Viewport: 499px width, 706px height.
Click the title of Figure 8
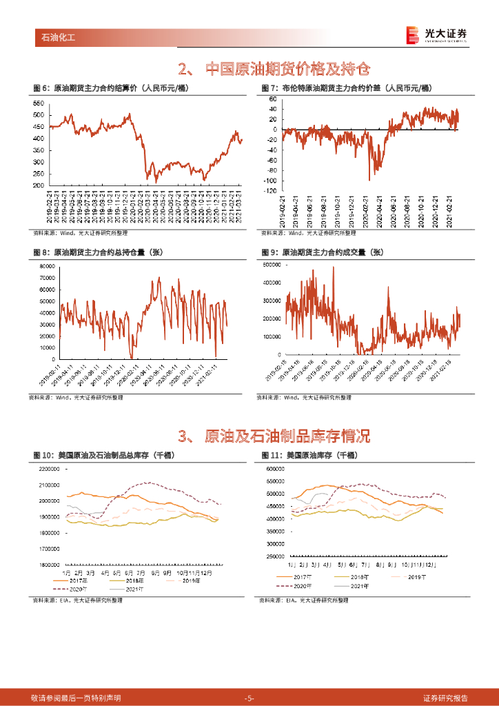(107, 252)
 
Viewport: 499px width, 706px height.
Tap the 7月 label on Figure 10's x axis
(141, 573)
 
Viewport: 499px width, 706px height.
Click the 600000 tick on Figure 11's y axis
(275, 469)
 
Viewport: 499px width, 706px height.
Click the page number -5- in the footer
(250, 698)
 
